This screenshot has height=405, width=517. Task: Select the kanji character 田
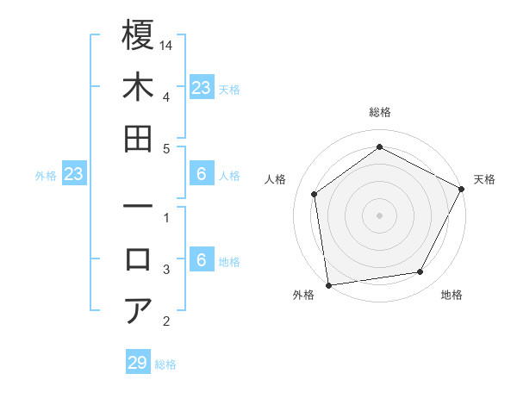point(138,139)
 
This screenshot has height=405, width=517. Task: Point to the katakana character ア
point(138,310)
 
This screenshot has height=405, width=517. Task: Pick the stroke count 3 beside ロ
point(166,270)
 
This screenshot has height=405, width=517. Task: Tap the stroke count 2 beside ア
point(166,322)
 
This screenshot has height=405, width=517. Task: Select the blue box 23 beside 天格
point(201,88)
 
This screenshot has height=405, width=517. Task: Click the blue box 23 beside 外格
point(74,175)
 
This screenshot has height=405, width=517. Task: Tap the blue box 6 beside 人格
point(201,175)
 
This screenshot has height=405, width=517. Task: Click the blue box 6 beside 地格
point(201,261)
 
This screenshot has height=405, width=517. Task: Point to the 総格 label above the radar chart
point(379,113)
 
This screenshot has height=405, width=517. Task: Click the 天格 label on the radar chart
point(484,179)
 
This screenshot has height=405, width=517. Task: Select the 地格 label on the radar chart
point(452,296)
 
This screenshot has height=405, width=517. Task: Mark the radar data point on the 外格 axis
point(328,284)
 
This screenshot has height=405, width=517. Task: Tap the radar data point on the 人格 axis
point(315,194)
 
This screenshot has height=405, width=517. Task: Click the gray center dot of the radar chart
point(379,215)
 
